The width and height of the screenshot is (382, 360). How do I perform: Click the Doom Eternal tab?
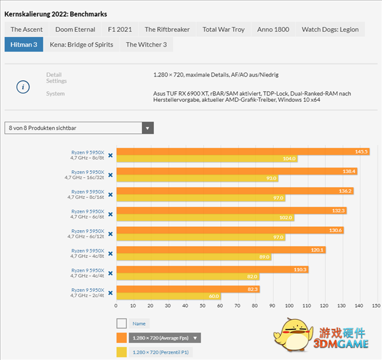[75, 29]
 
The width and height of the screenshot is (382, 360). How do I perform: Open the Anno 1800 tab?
[273, 29]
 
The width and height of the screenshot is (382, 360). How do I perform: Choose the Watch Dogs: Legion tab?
[330, 29]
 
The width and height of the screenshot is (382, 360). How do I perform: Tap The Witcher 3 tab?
[146, 45]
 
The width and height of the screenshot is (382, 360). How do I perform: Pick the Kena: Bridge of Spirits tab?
[81, 45]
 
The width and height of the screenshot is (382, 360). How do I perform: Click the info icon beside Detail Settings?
[23, 87]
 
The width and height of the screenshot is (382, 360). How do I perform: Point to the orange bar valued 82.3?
[188, 289]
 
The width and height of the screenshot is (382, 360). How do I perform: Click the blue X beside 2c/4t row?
[110, 293]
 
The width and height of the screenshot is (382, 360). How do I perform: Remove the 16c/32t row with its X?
[110, 175]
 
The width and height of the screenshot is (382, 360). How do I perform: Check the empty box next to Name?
[122, 324]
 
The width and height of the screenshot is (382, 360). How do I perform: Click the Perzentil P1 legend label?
[160, 352]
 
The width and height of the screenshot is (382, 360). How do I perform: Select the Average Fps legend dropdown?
[197, 338]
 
